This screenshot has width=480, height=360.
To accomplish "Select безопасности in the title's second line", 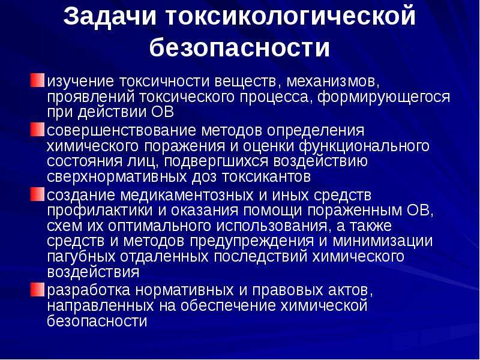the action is click(x=239, y=47).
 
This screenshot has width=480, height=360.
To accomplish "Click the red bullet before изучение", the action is click(x=37, y=80).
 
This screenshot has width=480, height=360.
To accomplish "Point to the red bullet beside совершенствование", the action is click(x=37, y=130).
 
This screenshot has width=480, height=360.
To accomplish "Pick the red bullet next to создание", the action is click(x=37, y=194).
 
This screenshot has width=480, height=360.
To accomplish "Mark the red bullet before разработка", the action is click(x=37, y=290).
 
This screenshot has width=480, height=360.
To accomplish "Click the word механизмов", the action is click(x=333, y=82).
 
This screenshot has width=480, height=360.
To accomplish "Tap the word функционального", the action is click(x=364, y=146).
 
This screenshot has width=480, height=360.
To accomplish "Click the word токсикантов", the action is click(x=266, y=177).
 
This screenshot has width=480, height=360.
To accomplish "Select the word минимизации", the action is click(x=383, y=242).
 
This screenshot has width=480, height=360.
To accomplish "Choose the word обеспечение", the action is click(x=228, y=306).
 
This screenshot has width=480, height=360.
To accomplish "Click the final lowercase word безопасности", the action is click(x=97, y=321).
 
